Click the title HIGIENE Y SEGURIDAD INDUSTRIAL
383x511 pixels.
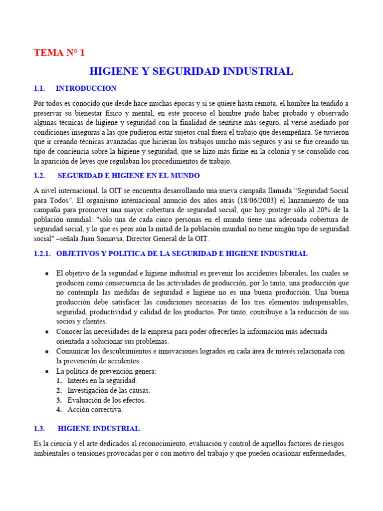191,71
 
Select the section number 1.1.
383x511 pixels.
39,88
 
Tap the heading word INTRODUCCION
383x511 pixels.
86,88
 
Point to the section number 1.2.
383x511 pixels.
39,176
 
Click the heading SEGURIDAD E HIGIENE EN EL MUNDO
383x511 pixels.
129,176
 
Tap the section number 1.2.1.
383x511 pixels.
42,254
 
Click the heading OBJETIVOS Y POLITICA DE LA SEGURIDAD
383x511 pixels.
182,254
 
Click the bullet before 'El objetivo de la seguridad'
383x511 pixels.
47,273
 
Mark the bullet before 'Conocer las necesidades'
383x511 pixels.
47,332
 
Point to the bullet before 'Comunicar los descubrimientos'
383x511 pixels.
47,351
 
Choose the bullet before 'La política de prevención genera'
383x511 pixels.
47,371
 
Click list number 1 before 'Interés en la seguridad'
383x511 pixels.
59,381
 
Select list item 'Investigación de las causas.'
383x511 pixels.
109,390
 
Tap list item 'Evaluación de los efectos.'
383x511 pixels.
107,400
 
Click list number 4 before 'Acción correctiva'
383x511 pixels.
59,410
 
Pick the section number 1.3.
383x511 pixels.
39,429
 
